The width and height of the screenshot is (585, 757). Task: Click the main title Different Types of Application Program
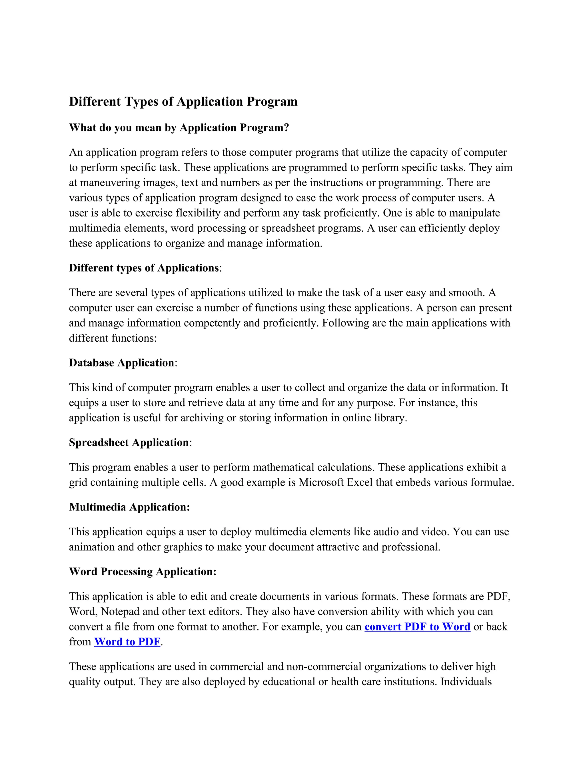pos(183,102)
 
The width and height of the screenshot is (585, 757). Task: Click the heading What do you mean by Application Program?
pos(179,128)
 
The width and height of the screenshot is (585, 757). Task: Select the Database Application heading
pos(121,363)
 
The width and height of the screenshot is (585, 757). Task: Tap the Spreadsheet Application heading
pos(129,442)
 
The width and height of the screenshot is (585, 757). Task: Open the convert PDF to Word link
pos(417,627)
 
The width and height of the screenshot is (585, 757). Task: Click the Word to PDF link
pos(127,642)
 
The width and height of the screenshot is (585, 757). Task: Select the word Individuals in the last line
pos(466,682)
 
